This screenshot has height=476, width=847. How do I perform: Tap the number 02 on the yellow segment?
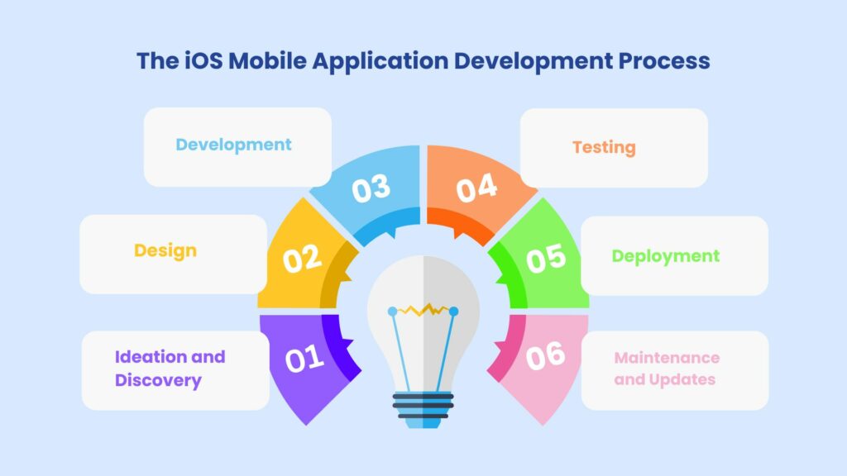click(x=302, y=259)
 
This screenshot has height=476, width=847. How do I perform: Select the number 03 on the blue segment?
click(x=371, y=188)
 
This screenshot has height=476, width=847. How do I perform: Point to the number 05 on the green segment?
click(x=546, y=258)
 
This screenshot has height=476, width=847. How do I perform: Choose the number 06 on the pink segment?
click(x=546, y=355)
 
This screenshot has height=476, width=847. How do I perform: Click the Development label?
click(x=233, y=145)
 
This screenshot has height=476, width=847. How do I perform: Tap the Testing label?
click(x=604, y=148)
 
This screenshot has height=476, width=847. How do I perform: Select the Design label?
click(x=165, y=250)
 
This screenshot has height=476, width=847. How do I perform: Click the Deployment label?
click(x=666, y=256)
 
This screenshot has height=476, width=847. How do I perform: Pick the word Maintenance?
click(x=667, y=358)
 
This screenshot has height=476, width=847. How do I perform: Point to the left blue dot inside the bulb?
click(x=393, y=312)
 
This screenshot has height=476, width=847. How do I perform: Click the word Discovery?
click(x=158, y=381)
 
